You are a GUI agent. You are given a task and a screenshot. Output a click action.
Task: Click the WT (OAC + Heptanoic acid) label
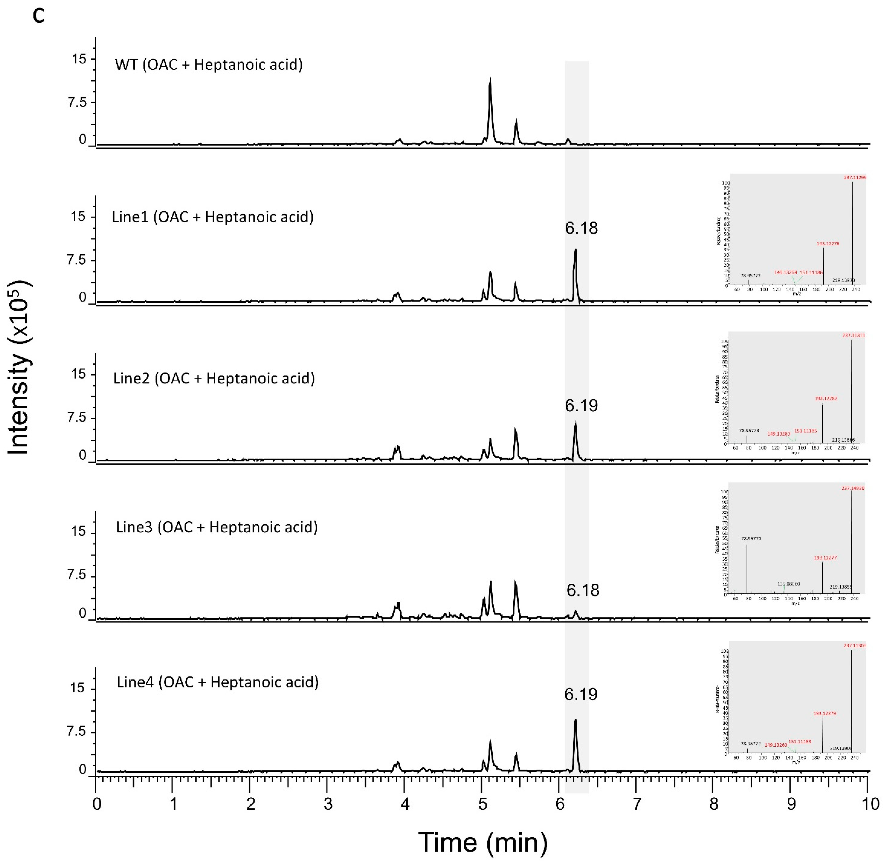(x=208, y=65)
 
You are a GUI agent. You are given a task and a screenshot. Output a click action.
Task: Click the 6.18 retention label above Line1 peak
(x=581, y=228)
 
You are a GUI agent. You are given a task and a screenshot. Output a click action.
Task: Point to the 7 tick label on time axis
(x=637, y=805)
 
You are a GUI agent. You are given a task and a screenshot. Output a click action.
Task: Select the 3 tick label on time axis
(x=328, y=805)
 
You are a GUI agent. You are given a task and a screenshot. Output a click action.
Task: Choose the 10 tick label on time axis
(x=868, y=805)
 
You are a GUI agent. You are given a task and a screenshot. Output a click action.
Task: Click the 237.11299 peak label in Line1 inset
(x=855, y=177)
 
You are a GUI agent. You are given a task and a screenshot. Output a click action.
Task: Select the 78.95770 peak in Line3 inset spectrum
(x=747, y=566)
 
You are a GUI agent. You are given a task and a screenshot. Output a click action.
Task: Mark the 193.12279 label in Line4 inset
(x=825, y=713)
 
